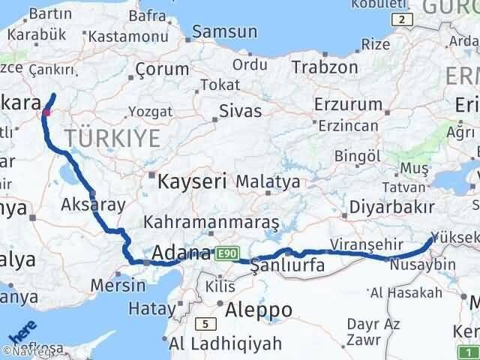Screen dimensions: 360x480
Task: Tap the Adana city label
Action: tap(181, 254)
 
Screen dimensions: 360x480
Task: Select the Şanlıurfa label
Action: tap(287, 265)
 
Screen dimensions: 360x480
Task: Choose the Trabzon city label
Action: tap(325, 67)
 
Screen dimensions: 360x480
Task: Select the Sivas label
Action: tap(240, 111)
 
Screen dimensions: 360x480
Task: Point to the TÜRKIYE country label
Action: tap(112, 138)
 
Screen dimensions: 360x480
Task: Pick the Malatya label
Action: tap(268, 181)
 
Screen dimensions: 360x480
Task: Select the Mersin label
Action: tap(117, 286)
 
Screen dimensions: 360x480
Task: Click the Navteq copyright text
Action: tap(28, 351)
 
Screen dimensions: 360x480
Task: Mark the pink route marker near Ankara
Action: tap(46, 112)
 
